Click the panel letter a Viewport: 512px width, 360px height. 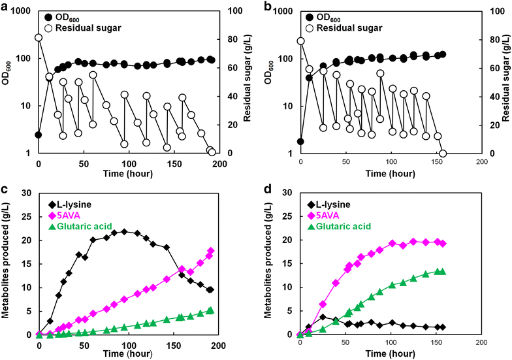pyautogui.click(x=5, y=7)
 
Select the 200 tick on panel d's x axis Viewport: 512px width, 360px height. pyautogui.click(x=481, y=342)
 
